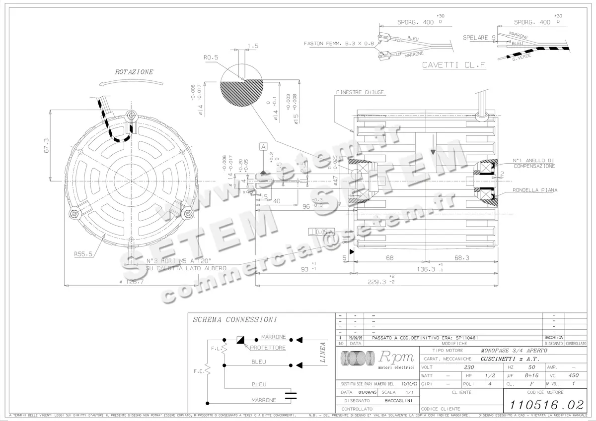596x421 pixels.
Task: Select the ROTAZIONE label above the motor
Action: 134,72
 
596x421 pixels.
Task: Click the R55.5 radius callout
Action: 84,254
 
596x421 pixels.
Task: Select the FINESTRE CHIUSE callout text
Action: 360,93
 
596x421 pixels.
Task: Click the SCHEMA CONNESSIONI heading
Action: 234,320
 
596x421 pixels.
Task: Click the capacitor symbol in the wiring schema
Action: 291,395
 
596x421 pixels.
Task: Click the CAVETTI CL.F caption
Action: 453,65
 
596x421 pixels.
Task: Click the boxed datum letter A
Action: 263,146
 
